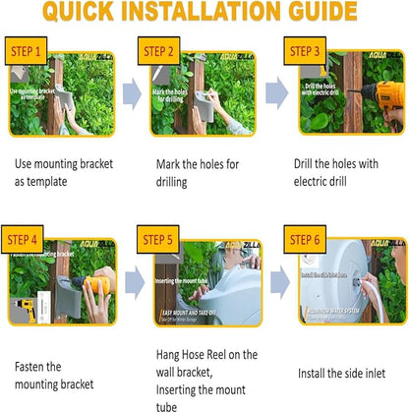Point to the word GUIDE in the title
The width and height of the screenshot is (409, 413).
[314, 13]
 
